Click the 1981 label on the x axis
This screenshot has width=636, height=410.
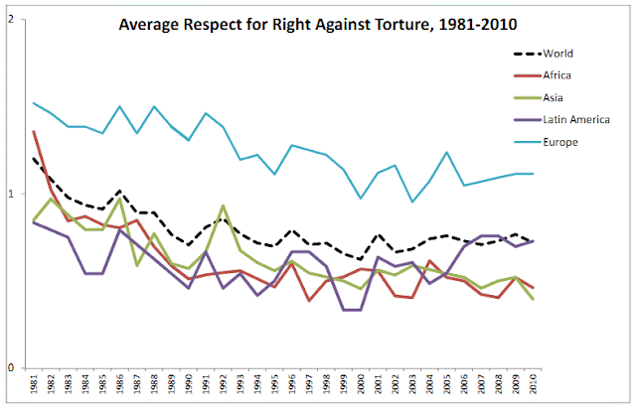33,385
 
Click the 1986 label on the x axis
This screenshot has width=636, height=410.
119,385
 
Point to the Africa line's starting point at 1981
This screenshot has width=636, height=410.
33,131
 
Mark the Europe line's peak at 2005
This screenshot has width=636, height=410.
448,153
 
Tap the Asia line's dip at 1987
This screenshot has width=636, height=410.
137,265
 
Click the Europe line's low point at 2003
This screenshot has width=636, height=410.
413,203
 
